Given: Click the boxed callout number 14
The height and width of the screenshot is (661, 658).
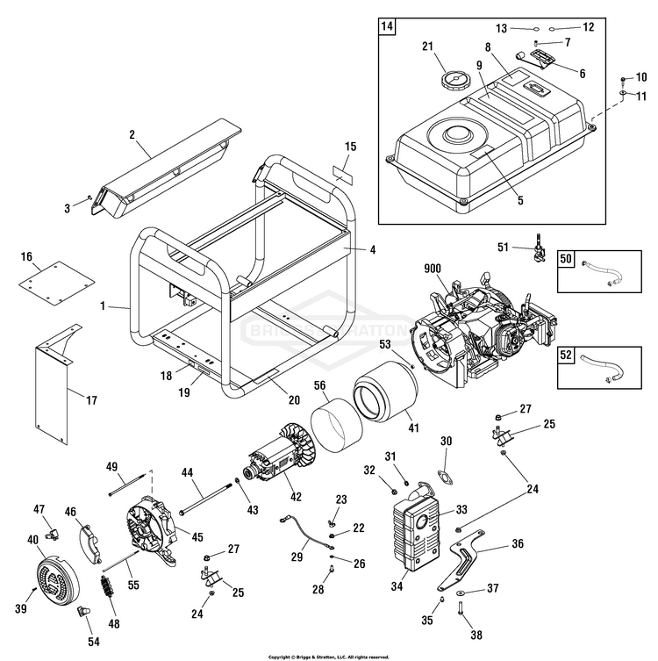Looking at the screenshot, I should click(x=387, y=25).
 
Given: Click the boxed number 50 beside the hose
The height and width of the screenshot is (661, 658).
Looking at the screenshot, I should click(x=566, y=260).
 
